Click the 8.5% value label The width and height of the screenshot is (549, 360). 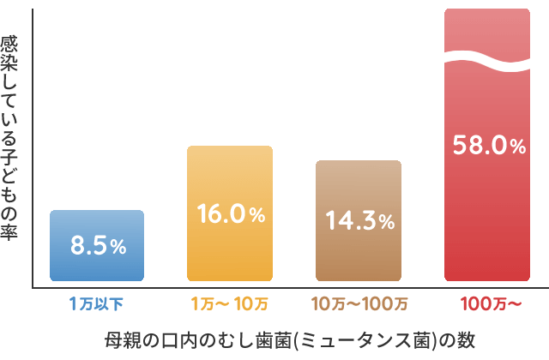coord(98,246)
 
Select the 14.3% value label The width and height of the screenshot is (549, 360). coord(359,221)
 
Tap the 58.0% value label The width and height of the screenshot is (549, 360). coord(488,146)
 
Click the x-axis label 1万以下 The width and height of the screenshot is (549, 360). coord(96,303)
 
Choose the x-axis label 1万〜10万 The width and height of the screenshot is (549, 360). coord(229,303)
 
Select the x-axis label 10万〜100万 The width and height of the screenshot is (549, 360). coord(359,303)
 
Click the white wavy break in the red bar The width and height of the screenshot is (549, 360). coord(486,62)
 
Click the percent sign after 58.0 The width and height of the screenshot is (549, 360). coord(516,147)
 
